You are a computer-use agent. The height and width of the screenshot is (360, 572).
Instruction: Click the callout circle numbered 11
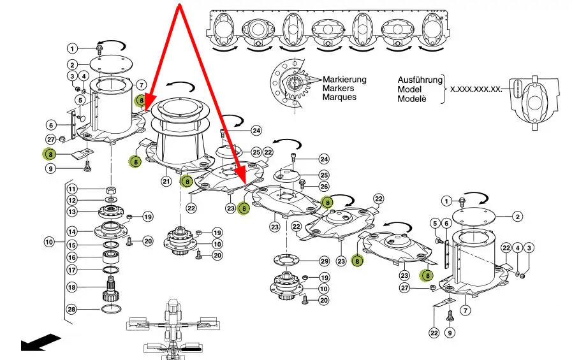72,189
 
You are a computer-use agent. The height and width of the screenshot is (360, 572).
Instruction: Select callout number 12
72,201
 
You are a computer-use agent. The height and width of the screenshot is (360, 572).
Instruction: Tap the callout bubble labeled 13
72,212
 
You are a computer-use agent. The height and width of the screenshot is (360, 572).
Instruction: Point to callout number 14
72,231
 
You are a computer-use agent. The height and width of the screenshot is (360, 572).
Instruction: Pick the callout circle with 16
72,257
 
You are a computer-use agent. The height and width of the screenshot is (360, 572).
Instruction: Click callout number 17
72,270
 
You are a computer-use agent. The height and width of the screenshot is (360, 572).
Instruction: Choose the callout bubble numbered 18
72,287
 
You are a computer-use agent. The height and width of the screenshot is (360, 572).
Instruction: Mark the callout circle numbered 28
72,309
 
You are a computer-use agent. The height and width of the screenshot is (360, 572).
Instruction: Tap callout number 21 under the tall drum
166,182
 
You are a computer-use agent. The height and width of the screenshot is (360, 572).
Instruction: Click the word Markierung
344,80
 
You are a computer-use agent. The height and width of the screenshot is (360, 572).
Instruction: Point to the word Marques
339,97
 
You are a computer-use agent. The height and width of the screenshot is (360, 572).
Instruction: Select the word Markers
338,89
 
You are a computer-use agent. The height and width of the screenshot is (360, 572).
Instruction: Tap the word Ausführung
420,80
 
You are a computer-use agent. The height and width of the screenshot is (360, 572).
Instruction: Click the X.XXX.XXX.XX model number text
475,90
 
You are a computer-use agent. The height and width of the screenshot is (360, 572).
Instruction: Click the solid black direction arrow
40,342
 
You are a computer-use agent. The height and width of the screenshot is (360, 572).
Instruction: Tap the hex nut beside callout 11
110,189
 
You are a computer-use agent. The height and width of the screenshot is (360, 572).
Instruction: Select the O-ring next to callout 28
110,309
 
